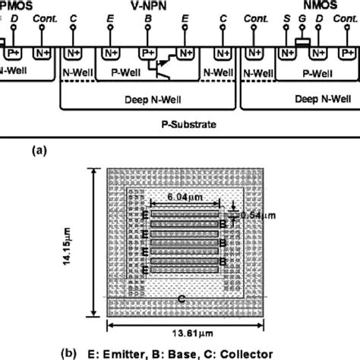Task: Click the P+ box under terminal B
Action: point(147,54)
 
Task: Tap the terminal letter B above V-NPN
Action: point(147,17)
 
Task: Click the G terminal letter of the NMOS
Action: point(305,17)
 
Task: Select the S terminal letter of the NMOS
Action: point(286,17)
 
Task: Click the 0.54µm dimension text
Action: point(256,216)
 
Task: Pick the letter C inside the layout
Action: point(181,299)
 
